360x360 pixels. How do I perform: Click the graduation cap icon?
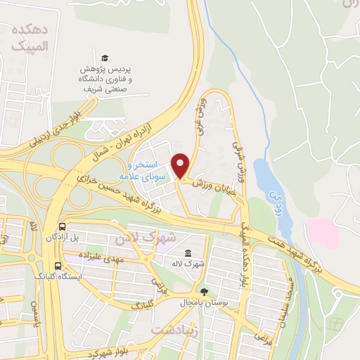(105, 58)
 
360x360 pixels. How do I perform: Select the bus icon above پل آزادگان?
(63, 227)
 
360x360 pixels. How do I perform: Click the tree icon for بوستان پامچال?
(204, 290)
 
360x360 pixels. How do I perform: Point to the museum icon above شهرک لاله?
(188, 253)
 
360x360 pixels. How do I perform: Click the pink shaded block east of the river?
(323, 233)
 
